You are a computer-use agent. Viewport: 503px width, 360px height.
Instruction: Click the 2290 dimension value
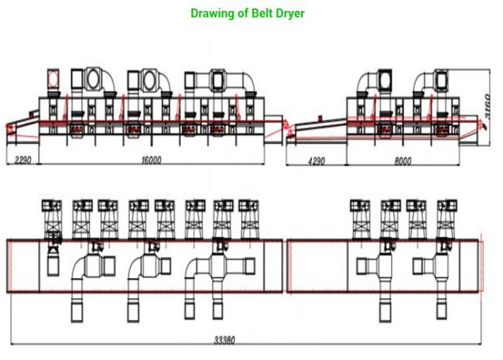point(23,159)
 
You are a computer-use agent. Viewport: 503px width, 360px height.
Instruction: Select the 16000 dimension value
point(152,159)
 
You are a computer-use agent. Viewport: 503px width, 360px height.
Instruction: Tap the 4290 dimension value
point(317,161)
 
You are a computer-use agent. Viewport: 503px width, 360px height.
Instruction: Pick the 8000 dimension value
point(402,161)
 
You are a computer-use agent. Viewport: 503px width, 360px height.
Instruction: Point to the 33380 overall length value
point(224,340)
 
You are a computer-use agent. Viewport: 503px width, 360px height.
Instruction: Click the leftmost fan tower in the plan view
point(51,219)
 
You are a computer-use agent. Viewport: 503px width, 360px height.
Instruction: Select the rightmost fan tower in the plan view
point(447,219)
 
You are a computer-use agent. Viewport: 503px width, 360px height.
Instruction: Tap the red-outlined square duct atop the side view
point(53,78)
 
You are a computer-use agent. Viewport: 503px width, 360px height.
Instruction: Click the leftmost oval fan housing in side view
point(93,79)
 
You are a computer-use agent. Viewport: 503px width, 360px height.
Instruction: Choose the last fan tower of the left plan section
point(249,219)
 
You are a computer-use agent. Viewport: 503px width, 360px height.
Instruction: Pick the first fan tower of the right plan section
point(360,219)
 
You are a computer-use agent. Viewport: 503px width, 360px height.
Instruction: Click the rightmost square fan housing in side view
point(441,80)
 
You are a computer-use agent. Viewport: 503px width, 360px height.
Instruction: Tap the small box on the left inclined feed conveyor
point(33,113)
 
